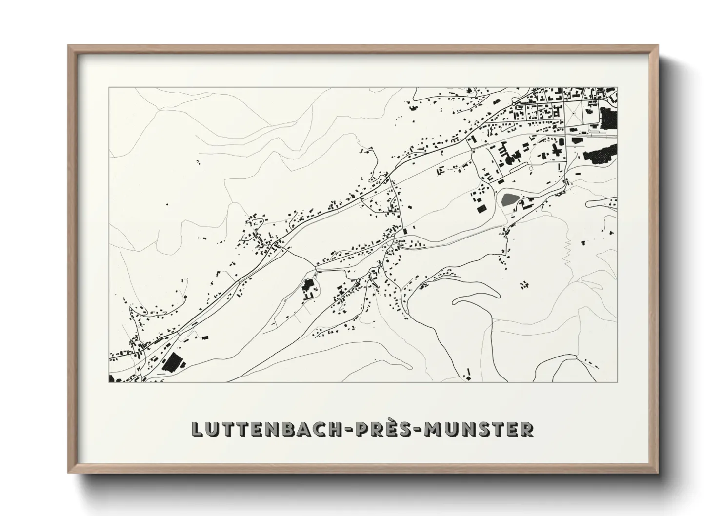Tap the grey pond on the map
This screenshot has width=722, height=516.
click(509, 199)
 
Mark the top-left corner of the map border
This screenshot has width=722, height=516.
click(109, 88)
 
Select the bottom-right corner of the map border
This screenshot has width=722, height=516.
click(617, 382)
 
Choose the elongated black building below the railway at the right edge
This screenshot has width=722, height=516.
click(601, 154)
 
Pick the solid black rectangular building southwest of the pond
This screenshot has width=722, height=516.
click(481, 209)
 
